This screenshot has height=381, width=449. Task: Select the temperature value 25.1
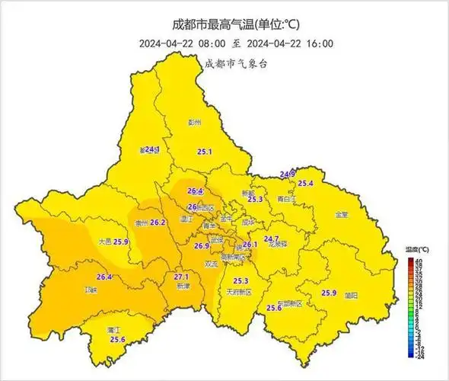(204, 152)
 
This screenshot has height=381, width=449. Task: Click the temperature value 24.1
(150, 149)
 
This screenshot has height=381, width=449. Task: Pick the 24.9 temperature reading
(288, 174)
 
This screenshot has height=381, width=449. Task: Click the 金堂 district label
(341, 215)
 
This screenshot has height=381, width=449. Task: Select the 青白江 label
(287, 199)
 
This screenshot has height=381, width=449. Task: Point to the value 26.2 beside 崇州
(158, 223)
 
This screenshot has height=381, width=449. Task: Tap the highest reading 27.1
(181, 277)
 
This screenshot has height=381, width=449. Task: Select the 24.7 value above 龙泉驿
(271, 239)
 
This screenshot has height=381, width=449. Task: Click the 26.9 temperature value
(202, 246)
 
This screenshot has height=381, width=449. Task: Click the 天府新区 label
(240, 292)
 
